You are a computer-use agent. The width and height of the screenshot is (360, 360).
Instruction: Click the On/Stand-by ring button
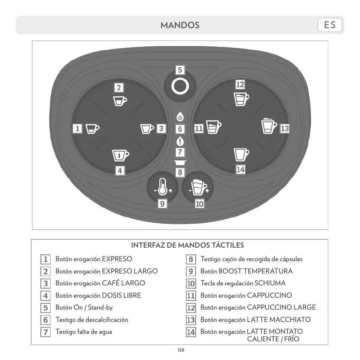[x=180, y=86]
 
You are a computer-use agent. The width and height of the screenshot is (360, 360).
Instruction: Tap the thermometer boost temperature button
[x=162, y=187]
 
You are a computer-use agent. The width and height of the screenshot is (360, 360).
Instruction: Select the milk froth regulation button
[x=198, y=187]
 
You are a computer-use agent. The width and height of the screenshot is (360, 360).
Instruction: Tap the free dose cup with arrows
[x=120, y=155]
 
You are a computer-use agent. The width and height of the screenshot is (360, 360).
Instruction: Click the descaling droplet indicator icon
[x=180, y=117]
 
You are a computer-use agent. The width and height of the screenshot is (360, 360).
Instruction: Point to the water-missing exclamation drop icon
[x=180, y=141]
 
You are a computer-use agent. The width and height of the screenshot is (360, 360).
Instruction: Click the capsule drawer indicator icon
[x=180, y=163]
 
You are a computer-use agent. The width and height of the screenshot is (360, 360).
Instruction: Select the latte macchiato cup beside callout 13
[x=270, y=126]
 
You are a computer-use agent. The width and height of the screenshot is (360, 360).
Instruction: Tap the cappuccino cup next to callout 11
[x=213, y=127]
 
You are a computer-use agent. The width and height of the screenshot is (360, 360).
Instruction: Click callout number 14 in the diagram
[x=240, y=169]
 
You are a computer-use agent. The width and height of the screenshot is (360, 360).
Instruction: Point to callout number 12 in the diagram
[x=240, y=85]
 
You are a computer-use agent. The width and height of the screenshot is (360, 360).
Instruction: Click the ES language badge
[x=330, y=25]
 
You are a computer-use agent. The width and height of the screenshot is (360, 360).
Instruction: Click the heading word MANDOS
[x=180, y=25]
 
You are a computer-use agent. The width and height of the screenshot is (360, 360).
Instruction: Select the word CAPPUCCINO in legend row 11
[x=269, y=296]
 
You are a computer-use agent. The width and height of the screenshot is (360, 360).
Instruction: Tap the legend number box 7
[x=46, y=332]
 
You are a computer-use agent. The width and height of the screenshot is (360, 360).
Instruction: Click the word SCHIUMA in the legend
[x=270, y=283]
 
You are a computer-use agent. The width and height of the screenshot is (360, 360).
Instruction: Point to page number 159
[x=181, y=350]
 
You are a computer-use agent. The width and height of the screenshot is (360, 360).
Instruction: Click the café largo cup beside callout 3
[x=147, y=129]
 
